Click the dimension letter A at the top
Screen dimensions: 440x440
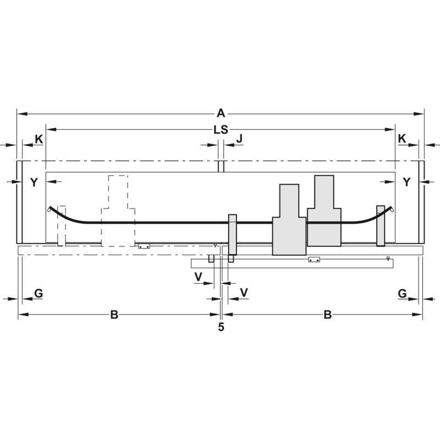(221, 113)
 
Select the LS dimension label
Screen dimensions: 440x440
(221, 130)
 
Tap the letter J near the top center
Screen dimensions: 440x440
(239, 139)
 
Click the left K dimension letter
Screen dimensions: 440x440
(39, 139)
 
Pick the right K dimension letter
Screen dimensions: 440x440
(402, 139)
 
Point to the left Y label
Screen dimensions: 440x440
(34, 183)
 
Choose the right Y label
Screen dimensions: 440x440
(407, 182)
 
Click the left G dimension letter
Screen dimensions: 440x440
(38, 293)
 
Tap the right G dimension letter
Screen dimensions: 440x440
(402, 294)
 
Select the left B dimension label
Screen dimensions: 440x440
(114, 315)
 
